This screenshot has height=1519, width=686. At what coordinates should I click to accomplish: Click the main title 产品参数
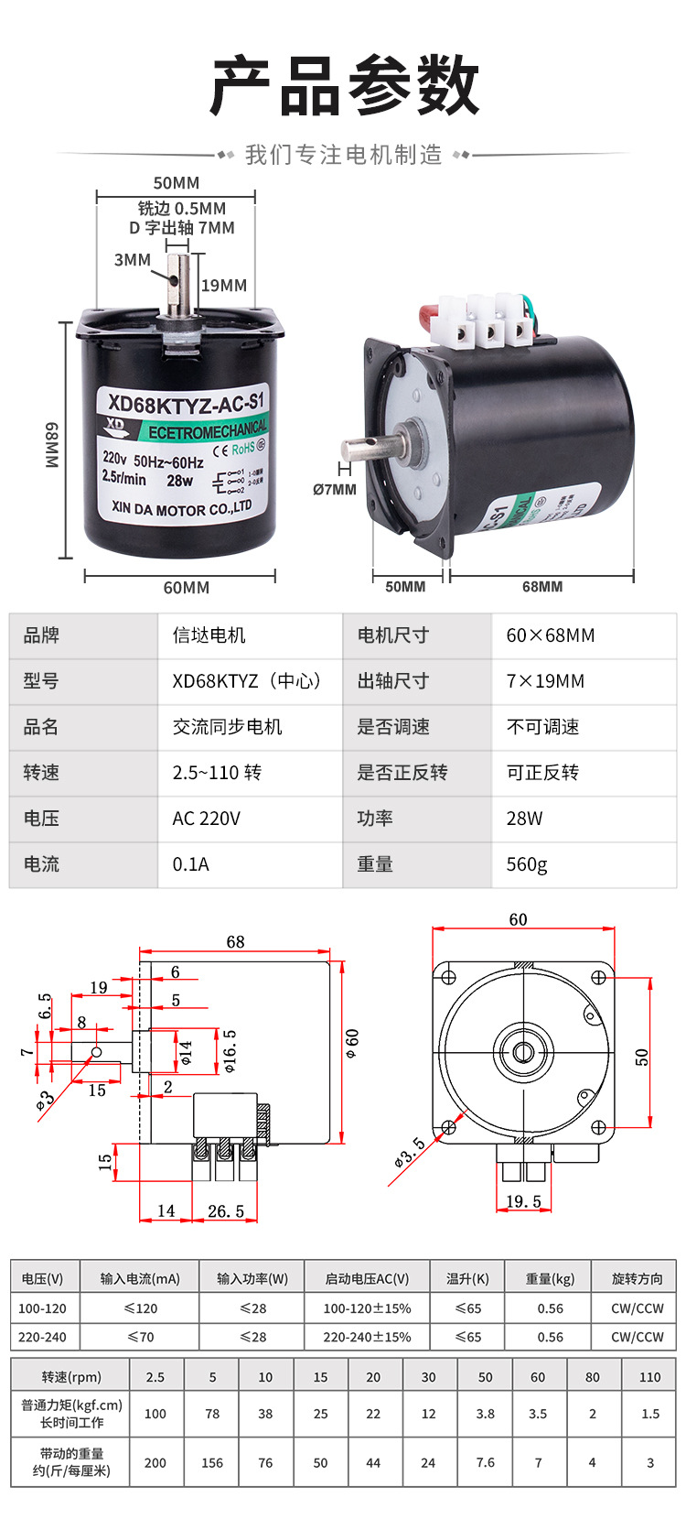pyautogui.click(x=344, y=85)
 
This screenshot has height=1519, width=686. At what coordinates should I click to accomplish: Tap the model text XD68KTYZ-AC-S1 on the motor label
pyautogui.click(x=186, y=401)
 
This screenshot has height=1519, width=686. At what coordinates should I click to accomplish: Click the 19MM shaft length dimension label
pyautogui.click(x=224, y=285)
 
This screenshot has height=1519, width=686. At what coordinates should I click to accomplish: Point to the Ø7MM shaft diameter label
pyautogui.click(x=334, y=489)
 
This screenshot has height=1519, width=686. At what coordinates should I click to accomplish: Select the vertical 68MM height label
pyautogui.click(x=52, y=445)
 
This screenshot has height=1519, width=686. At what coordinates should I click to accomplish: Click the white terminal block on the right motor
pyautogui.click(x=484, y=321)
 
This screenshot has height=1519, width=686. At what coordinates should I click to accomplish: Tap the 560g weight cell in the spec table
pyautogui.click(x=527, y=864)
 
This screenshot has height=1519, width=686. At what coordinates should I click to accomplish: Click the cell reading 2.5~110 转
pyautogui.click(x=217, y=773)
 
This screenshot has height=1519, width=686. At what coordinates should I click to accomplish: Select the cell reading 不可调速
pyautogui.click(x=542, y=727)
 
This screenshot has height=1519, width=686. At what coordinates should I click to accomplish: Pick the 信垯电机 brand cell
pyautogui.click(x=209, y=635)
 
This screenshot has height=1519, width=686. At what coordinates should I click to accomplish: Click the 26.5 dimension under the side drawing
pyautogui.click(x=225, y=1211)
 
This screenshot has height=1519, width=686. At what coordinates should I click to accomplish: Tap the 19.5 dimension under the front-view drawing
pyautogui.click(x=523, y=1201)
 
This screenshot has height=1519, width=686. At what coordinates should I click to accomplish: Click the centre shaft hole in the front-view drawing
pyautogui.click(x=523, y=1050)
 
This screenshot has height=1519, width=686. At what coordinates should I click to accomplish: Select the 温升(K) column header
pyautogui.click(x=467, y=1278)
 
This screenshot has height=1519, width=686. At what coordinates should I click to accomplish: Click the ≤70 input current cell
pyautogui.click(x=140, y=1337)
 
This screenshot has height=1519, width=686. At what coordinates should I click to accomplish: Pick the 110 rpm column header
pyautogui.click(x=649, y=1377)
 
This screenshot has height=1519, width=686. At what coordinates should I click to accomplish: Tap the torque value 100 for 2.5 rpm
pyautogui.click(x=155, y=1414)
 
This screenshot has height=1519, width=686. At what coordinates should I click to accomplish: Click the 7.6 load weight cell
pyautogui.click(x=485, y=1462)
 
